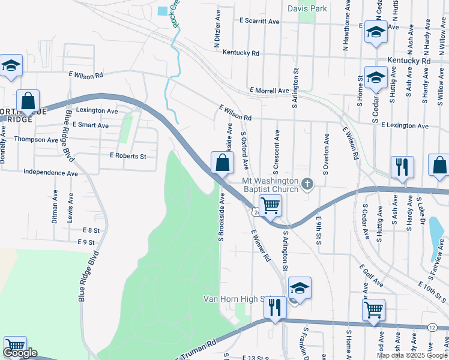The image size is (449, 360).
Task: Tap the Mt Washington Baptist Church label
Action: tap(270, 185)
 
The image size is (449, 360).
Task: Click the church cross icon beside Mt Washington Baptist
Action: tap(307, 183)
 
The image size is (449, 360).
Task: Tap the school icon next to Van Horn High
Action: tap(299, 289)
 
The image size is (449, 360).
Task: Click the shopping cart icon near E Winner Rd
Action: tap(270, 206)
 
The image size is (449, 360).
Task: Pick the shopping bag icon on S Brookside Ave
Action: tap(222, 162)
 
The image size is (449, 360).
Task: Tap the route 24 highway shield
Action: tap(256, 212)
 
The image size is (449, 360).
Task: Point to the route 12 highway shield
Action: tap(432, 327)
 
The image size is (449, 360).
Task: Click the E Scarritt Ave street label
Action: tap(259, 21)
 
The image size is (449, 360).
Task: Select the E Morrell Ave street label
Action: tap(270, 91)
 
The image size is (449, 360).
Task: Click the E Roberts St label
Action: tap(128, 156)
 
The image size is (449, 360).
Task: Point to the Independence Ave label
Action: tap(50, 173)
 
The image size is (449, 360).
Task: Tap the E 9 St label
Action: tap(86, 242)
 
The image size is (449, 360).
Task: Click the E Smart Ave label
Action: tap(90, 125)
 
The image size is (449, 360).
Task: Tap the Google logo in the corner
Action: tap(20, 353)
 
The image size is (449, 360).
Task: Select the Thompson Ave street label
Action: tap(37, 140)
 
